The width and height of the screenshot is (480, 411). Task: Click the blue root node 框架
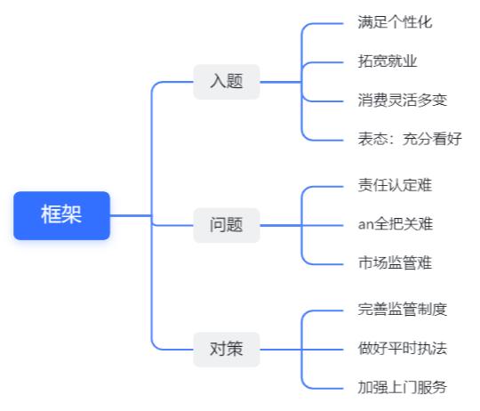click(x=61, y=215)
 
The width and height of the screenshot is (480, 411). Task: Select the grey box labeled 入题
click(x=227, y=82)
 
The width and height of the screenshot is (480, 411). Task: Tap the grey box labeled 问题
click(x=227, y=225)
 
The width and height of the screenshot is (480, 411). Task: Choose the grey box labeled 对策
click(x=227, y=349)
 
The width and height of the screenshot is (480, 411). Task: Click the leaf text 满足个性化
click(x=395, y=22)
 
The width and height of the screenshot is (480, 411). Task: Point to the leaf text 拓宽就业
click(x=388, y=61)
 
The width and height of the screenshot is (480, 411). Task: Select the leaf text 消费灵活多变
click(x=403, y=101)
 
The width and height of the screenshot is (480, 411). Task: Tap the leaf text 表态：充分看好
click(x=410, y=139)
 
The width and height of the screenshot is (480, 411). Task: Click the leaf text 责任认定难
click(x=395, y=186)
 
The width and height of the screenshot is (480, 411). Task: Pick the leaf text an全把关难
click(x=396, y=224)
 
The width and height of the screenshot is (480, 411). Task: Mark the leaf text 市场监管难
click(x=395, y=263)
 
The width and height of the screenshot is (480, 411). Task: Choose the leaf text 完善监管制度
click(x=403, y=310)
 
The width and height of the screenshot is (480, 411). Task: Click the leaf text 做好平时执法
click(x=403, y=349)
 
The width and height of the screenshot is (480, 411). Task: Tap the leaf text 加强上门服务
click(x=403, y=387)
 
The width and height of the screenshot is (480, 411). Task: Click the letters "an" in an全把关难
click(x=366, y=225)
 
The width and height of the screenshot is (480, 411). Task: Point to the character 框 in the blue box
click(x=52, y=214)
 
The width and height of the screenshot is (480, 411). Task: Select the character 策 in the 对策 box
click(x=235, y=349)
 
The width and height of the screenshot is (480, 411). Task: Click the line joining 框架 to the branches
click(x=131, y=215)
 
